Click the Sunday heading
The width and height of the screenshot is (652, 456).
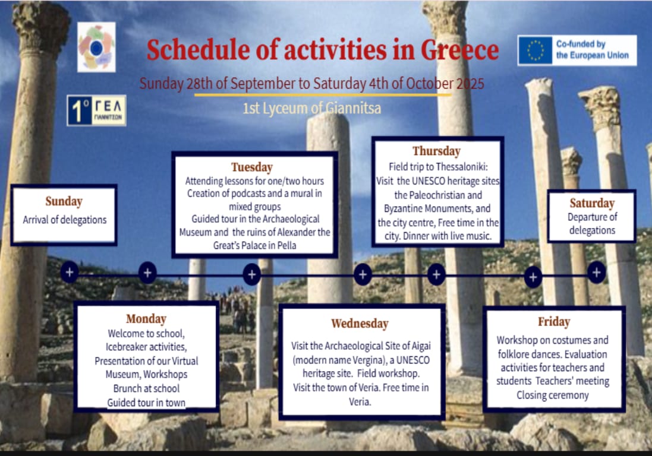click(x=64, y=201)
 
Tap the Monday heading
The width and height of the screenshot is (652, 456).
click(x=146, y=318)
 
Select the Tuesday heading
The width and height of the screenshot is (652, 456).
click(x=252, y=167)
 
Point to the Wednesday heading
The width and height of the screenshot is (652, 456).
click(x=360, y=324)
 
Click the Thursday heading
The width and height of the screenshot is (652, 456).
click(x=437, y=151)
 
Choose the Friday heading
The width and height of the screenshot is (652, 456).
click(x=554, y=322)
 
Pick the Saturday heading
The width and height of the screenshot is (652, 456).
click(x=592, y=203)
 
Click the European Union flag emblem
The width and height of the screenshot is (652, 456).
click(x=536, y=50)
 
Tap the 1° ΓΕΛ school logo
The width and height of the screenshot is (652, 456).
click(x=96, y=110)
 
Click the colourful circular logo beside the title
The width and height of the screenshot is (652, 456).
click(x=96, y=47)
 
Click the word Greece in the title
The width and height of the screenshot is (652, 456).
click(x=459, y=50)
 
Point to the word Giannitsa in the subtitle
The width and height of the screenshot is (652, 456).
click(x=353, y=108)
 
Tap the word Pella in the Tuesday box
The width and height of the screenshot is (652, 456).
click(x=286, y=245)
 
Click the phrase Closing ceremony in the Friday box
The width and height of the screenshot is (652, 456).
click(x=553, y=395)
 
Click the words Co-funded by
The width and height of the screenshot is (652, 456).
click(x=581, y=43)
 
